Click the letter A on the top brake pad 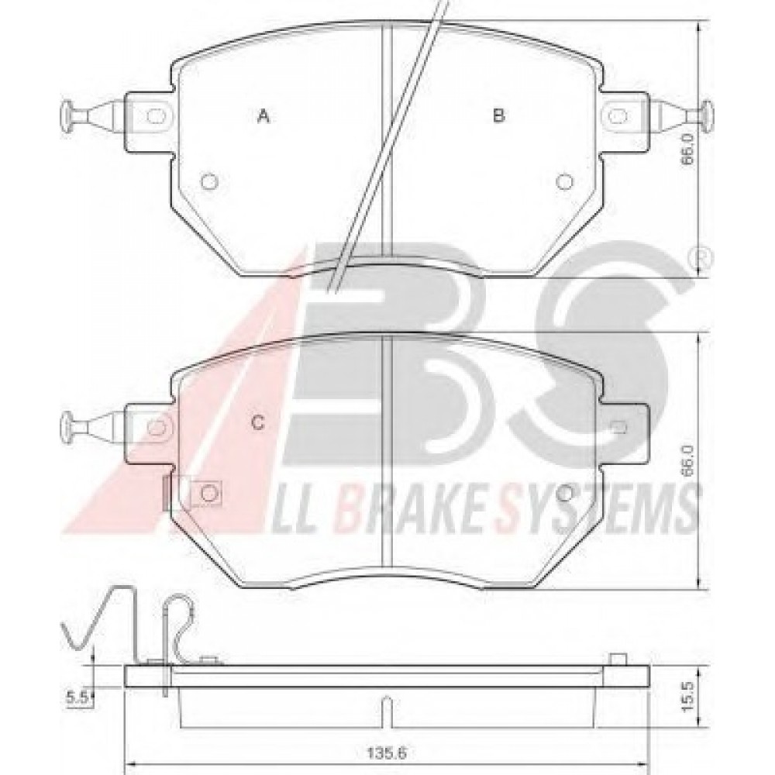point(263,117)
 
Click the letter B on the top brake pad point(498,116)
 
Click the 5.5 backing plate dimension point(77,697)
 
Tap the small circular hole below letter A point(209,182)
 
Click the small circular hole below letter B point(564,182)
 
